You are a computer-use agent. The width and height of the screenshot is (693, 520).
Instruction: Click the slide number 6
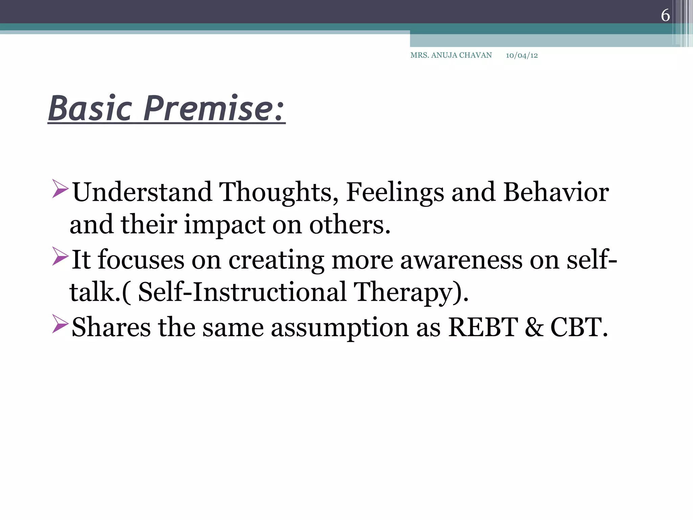click(665, 16)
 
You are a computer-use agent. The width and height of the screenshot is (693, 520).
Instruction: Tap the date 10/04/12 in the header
click(521, 56)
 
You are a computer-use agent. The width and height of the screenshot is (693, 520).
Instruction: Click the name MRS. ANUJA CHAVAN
click(451, 55)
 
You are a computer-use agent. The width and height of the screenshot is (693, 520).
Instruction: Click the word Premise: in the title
click(214, 109)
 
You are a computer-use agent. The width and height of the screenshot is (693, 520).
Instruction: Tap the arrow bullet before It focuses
click(60, 256)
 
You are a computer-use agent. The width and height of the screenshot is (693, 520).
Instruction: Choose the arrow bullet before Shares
click(60, 324)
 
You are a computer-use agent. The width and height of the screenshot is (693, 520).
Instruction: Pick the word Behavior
click(556, 192)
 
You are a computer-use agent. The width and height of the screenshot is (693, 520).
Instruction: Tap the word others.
click(350, 225)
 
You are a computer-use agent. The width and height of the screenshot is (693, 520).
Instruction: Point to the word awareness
click(461, 260)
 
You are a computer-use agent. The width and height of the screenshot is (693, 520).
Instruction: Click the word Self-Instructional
click(242, 292)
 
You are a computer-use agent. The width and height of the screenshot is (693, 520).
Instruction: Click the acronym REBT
click(483, 327)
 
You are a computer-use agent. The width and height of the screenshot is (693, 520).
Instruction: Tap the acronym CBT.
click(579, 327)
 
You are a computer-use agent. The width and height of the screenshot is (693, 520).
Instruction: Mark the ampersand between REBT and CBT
click(534, 327)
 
